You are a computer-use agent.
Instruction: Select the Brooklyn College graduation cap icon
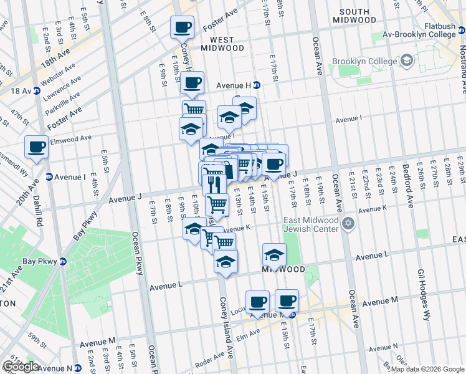pyautogui.click(x=407, y=61)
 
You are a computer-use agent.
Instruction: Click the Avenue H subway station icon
pyautogui.click(x=256, y=85)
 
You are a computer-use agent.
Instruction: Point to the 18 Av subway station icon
pyautogui.click(x=36, y=91)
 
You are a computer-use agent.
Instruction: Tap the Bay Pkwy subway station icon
pyautogui.click(x=63, y=261)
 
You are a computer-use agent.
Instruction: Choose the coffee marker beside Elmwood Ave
pyautogui.click(x=37, y=148)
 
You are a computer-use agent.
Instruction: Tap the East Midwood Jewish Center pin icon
pyautogui.click(x=348, y=223)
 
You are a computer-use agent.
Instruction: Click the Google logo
pyautogui.click(x=21, y=367)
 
